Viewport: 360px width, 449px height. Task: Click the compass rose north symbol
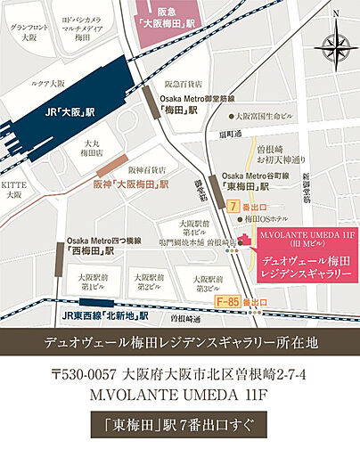coord(335,14)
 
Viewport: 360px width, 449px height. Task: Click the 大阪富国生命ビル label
coord(264,116)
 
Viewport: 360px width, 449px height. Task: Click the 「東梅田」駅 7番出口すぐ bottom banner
coord(179,422)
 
